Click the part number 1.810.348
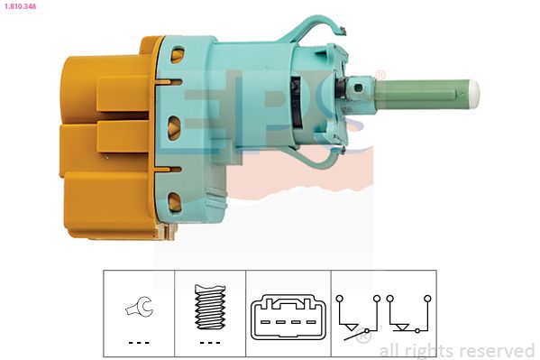tap(20, 6)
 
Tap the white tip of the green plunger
tap(474, 95)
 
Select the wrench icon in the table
tap(139, 306)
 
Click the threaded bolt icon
tap(210, 307)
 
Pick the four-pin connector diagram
tap(288, 318)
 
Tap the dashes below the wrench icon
tap(139, 343)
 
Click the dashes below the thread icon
tap(210, 343)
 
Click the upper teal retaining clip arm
tap(310, 28)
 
